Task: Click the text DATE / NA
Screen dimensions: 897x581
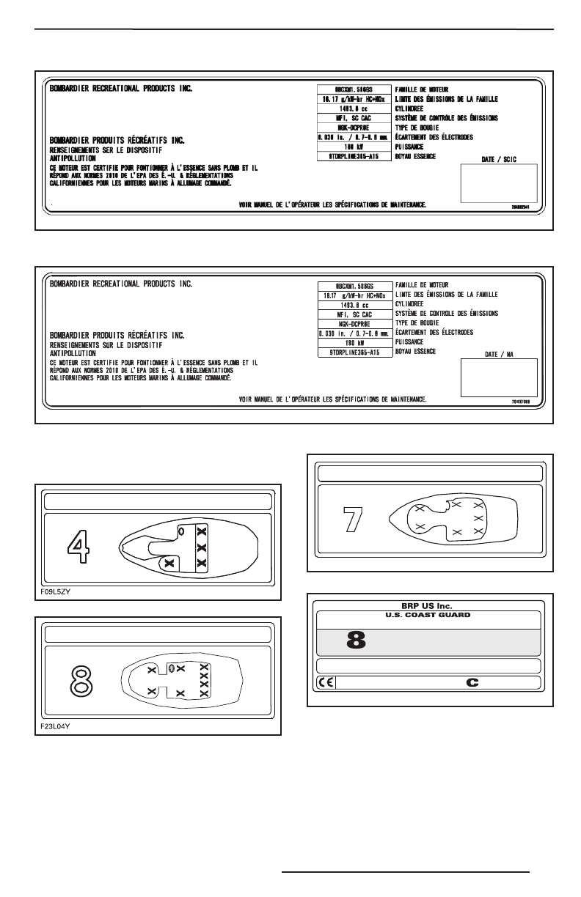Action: tap(502, 354)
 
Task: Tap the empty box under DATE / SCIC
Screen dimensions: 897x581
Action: tap(499, 183)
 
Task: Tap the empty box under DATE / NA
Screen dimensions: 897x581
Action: tap(498, 377)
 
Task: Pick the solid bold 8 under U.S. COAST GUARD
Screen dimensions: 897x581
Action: tap(356, 640)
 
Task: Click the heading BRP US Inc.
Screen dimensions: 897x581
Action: tap(429, 606)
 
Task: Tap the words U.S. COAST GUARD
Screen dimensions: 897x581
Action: tap(429, 616)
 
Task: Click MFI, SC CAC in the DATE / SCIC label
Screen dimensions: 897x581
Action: tap(353, 117)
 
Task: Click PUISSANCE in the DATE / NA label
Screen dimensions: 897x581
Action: tap(412, 342)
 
